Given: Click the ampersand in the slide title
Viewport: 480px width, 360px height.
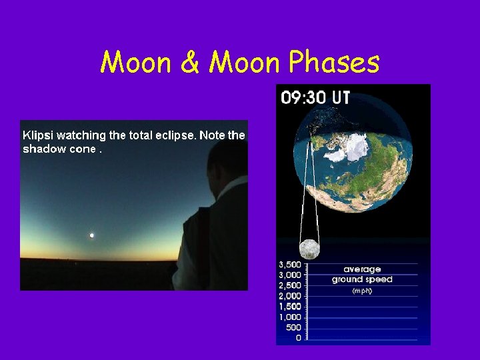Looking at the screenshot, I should [x=192, y=63].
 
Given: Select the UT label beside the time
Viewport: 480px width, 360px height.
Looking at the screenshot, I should [x=341, y=97].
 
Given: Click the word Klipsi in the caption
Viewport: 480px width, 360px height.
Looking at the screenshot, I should [x=38, y=135].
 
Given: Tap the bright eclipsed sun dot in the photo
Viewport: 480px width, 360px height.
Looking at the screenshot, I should [x=91, y=235].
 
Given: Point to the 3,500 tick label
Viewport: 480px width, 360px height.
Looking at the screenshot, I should [x=289, y=264].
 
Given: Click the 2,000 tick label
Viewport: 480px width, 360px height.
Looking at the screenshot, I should [x=289, y=295].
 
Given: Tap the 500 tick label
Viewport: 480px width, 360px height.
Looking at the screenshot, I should [x=293, y=327].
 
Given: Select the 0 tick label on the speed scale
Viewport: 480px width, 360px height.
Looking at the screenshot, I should [x=297, y=338].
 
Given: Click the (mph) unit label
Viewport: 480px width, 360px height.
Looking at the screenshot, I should [x=362, y=291].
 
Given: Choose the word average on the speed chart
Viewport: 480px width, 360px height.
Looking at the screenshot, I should [x=362, y=269].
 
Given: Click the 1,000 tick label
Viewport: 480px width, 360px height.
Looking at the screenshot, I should [x=289, y=317].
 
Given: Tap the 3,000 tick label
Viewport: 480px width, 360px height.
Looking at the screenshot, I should [x=289, y=275].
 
